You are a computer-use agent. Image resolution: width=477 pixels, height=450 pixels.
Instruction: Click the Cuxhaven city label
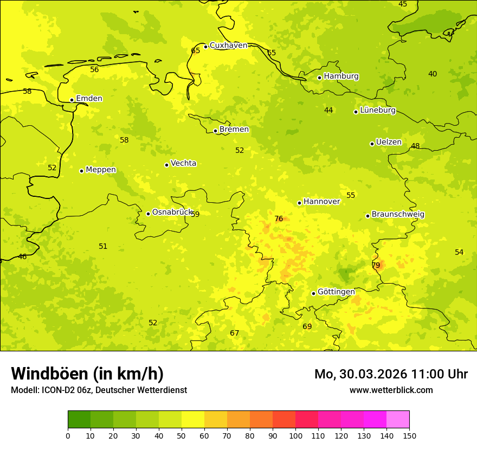coord(228,46)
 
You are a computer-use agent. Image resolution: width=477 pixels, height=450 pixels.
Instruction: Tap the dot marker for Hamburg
coord(319,78)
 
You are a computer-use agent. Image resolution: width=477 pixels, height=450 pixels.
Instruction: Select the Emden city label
coord(89,99)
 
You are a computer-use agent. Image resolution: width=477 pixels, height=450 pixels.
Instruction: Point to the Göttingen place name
coord(336,292)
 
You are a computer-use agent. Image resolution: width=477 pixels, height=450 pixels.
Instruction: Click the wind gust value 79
coord(376,265)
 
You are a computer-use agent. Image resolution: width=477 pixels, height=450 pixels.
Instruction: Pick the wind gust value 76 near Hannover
coord(279,219)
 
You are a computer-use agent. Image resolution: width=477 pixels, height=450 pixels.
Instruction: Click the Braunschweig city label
coord(398,215)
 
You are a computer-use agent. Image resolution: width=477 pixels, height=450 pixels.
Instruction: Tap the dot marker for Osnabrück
coord(148,214)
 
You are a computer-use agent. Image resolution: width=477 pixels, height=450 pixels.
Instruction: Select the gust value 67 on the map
coord(234,333)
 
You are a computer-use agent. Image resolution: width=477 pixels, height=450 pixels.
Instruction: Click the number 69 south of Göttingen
coord(307,326)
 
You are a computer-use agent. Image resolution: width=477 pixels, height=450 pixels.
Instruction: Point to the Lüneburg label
coord(378,111)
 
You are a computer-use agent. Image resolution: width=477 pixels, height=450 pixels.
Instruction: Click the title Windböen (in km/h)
coord(87,374)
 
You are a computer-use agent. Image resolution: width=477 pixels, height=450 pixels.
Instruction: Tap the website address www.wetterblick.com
coord(391,390)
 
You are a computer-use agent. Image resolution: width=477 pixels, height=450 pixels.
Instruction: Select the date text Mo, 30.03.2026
coord(360,374)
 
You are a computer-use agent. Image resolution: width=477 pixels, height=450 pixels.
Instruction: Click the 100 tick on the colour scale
coord(295,435)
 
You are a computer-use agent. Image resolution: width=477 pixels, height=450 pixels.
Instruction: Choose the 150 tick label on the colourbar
coord(409,435)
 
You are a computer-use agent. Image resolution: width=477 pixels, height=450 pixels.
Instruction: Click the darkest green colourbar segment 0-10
coord(79,420)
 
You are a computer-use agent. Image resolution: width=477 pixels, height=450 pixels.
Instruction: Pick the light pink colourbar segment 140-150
coord(398,420)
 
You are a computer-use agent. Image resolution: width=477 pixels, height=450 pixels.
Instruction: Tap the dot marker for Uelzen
coord(372,144)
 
